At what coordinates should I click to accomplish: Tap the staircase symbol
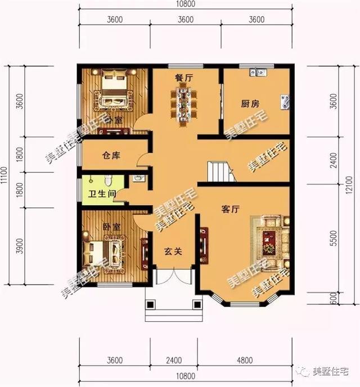[x=219, y=171]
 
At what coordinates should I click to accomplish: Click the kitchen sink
[x=258, y=71]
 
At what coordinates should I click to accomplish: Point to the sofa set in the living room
[x=272, y=241]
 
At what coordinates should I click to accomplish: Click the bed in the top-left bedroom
[x=116, y=93]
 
